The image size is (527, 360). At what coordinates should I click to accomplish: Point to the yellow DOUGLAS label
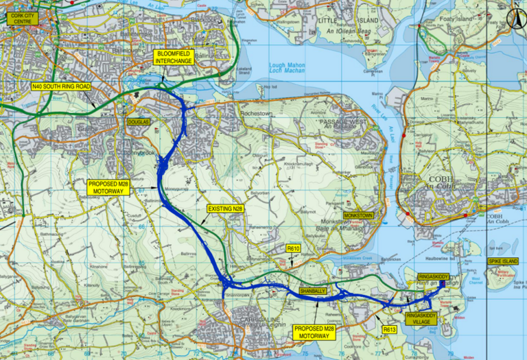(x=138, y=121)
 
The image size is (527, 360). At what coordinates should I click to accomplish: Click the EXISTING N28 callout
(x=224, y=207)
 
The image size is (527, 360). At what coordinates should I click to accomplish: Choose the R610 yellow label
(x=294, y=248)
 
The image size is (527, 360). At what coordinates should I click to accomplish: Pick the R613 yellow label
(x=389, y=330)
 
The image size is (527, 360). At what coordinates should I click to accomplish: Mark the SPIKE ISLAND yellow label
(x=504, y=262)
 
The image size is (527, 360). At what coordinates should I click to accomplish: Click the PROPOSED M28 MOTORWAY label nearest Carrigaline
(x=314, y=333)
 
